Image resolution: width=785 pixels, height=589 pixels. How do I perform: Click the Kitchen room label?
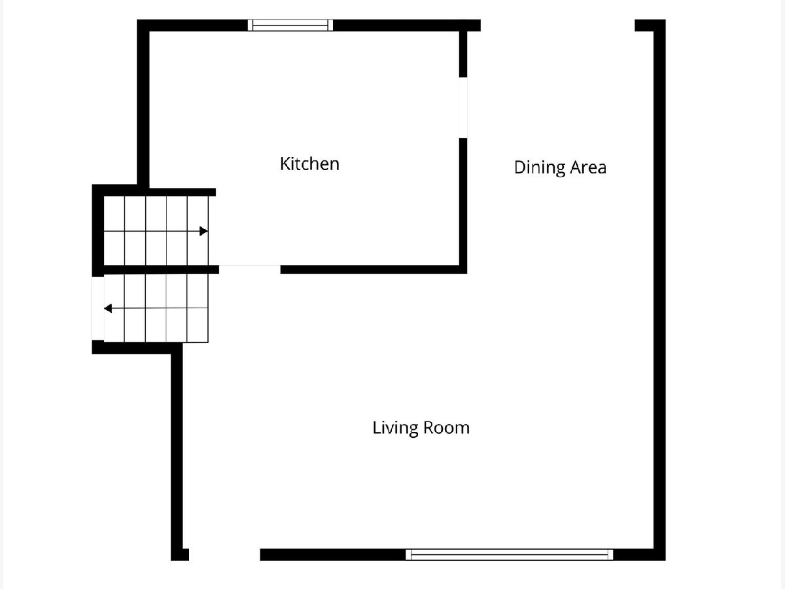point(309,164)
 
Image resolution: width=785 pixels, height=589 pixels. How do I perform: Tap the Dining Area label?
point(560,168)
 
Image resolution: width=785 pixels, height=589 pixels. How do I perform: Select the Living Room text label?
point(421,428)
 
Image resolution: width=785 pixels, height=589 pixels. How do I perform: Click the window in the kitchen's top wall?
point(290,25)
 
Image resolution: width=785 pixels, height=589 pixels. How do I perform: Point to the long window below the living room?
point(509,555)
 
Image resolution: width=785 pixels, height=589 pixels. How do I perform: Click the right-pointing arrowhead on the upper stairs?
point(203,231)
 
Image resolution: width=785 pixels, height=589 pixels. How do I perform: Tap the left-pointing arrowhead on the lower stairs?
point(108,308)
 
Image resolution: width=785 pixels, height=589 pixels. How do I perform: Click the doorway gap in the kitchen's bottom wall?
point(250,270)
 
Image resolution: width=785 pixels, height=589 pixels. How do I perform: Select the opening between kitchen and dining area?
point(463,107)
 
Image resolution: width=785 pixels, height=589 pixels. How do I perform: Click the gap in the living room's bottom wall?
point(224,555)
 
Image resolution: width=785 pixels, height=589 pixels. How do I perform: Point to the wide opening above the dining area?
point(557,26)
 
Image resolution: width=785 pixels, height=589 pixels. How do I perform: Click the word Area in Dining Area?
point(588,168)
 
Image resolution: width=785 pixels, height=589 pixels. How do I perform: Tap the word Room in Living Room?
point(446,428)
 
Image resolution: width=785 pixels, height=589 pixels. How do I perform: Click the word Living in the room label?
point(395,429)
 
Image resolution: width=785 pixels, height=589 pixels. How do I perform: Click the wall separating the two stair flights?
point(162,270)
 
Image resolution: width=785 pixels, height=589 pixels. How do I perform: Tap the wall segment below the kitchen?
point(374,270)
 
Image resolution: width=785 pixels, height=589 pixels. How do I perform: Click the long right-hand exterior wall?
point(659,290)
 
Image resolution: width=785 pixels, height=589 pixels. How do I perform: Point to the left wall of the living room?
point(177,452)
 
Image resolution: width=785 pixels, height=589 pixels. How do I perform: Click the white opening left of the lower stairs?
point(97,309)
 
